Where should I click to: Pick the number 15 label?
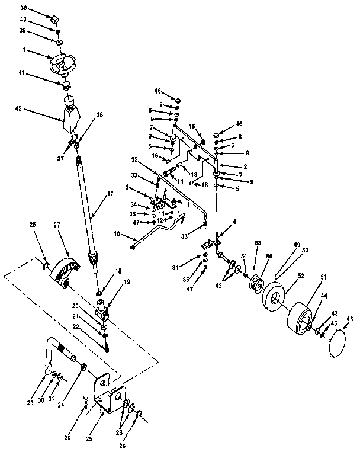coord(192,126)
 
